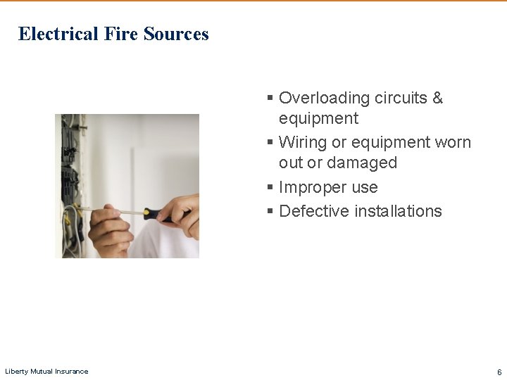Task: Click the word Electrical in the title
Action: (58, 34)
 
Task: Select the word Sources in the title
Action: (176, 34)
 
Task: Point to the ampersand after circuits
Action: (437, 98)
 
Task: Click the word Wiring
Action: (303, 142)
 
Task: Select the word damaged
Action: (363, 163)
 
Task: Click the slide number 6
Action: (499, 372)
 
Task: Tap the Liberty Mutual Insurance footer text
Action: (46, 372)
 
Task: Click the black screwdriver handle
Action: (159, 214)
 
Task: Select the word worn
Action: (453, 142)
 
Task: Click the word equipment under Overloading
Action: (318, 118)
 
